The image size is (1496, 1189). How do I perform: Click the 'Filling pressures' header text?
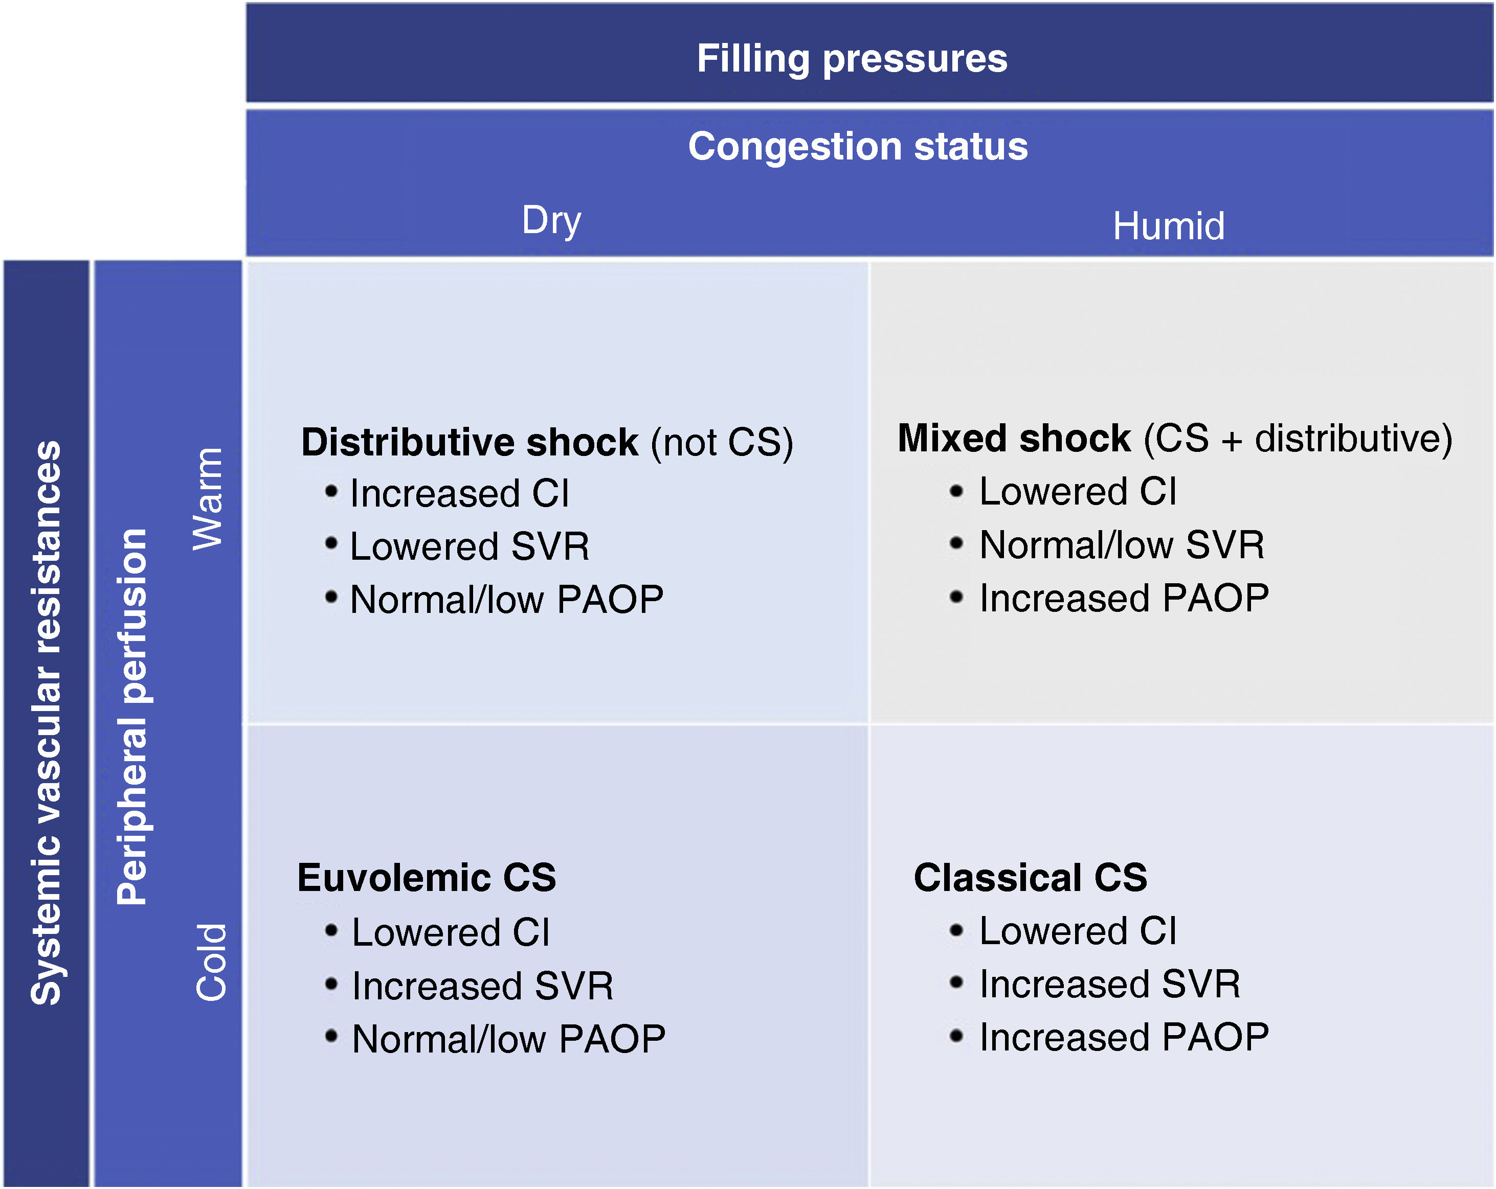[x=852, y=58]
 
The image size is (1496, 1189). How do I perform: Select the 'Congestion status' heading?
[x=858, y=146]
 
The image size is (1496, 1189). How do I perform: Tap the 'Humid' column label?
[x=1169, y=226]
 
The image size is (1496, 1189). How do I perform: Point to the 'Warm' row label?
[x=207, y=498]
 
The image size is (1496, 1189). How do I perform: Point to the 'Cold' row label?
[x=211, y=962]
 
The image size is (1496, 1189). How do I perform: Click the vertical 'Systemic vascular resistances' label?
[x=46, y=721]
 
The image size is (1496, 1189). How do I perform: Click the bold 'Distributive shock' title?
[x=469, y=442]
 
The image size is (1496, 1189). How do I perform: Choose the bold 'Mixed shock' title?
[x=1014, y=439]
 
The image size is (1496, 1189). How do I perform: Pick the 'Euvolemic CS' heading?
[x=426, y=878]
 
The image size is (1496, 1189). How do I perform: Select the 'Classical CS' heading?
[x=1030, y=878]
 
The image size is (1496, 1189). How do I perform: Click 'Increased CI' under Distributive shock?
[x=459, y=494]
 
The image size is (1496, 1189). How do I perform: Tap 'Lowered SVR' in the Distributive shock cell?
[x=469, y=546]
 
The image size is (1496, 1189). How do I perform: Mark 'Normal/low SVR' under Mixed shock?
[x=1121, y=544]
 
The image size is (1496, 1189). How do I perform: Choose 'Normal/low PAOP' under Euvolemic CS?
[x=508, y=1039]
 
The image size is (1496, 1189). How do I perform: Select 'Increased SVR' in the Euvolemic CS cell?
[x=482, y=986]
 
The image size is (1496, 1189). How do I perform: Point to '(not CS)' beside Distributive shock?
[x=722, y=443]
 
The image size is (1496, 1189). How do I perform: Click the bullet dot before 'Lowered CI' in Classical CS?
[x=956, y=930]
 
